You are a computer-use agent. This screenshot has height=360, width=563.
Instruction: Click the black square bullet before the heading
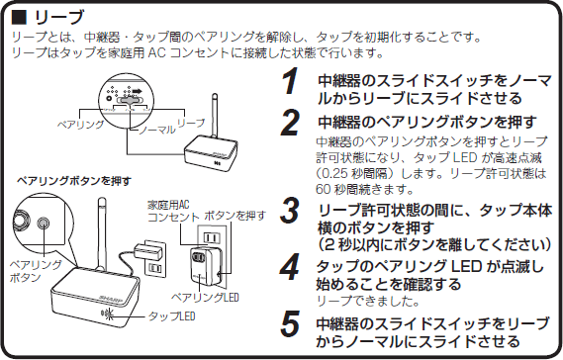pos(18,17)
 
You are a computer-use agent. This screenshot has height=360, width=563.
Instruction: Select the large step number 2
pos(289,124)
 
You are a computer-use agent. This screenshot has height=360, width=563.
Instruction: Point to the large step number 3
pos(289,211)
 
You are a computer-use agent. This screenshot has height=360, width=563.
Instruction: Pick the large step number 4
pos(289,267)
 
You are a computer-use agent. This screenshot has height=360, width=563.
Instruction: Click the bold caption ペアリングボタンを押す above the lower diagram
pos(66,182)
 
